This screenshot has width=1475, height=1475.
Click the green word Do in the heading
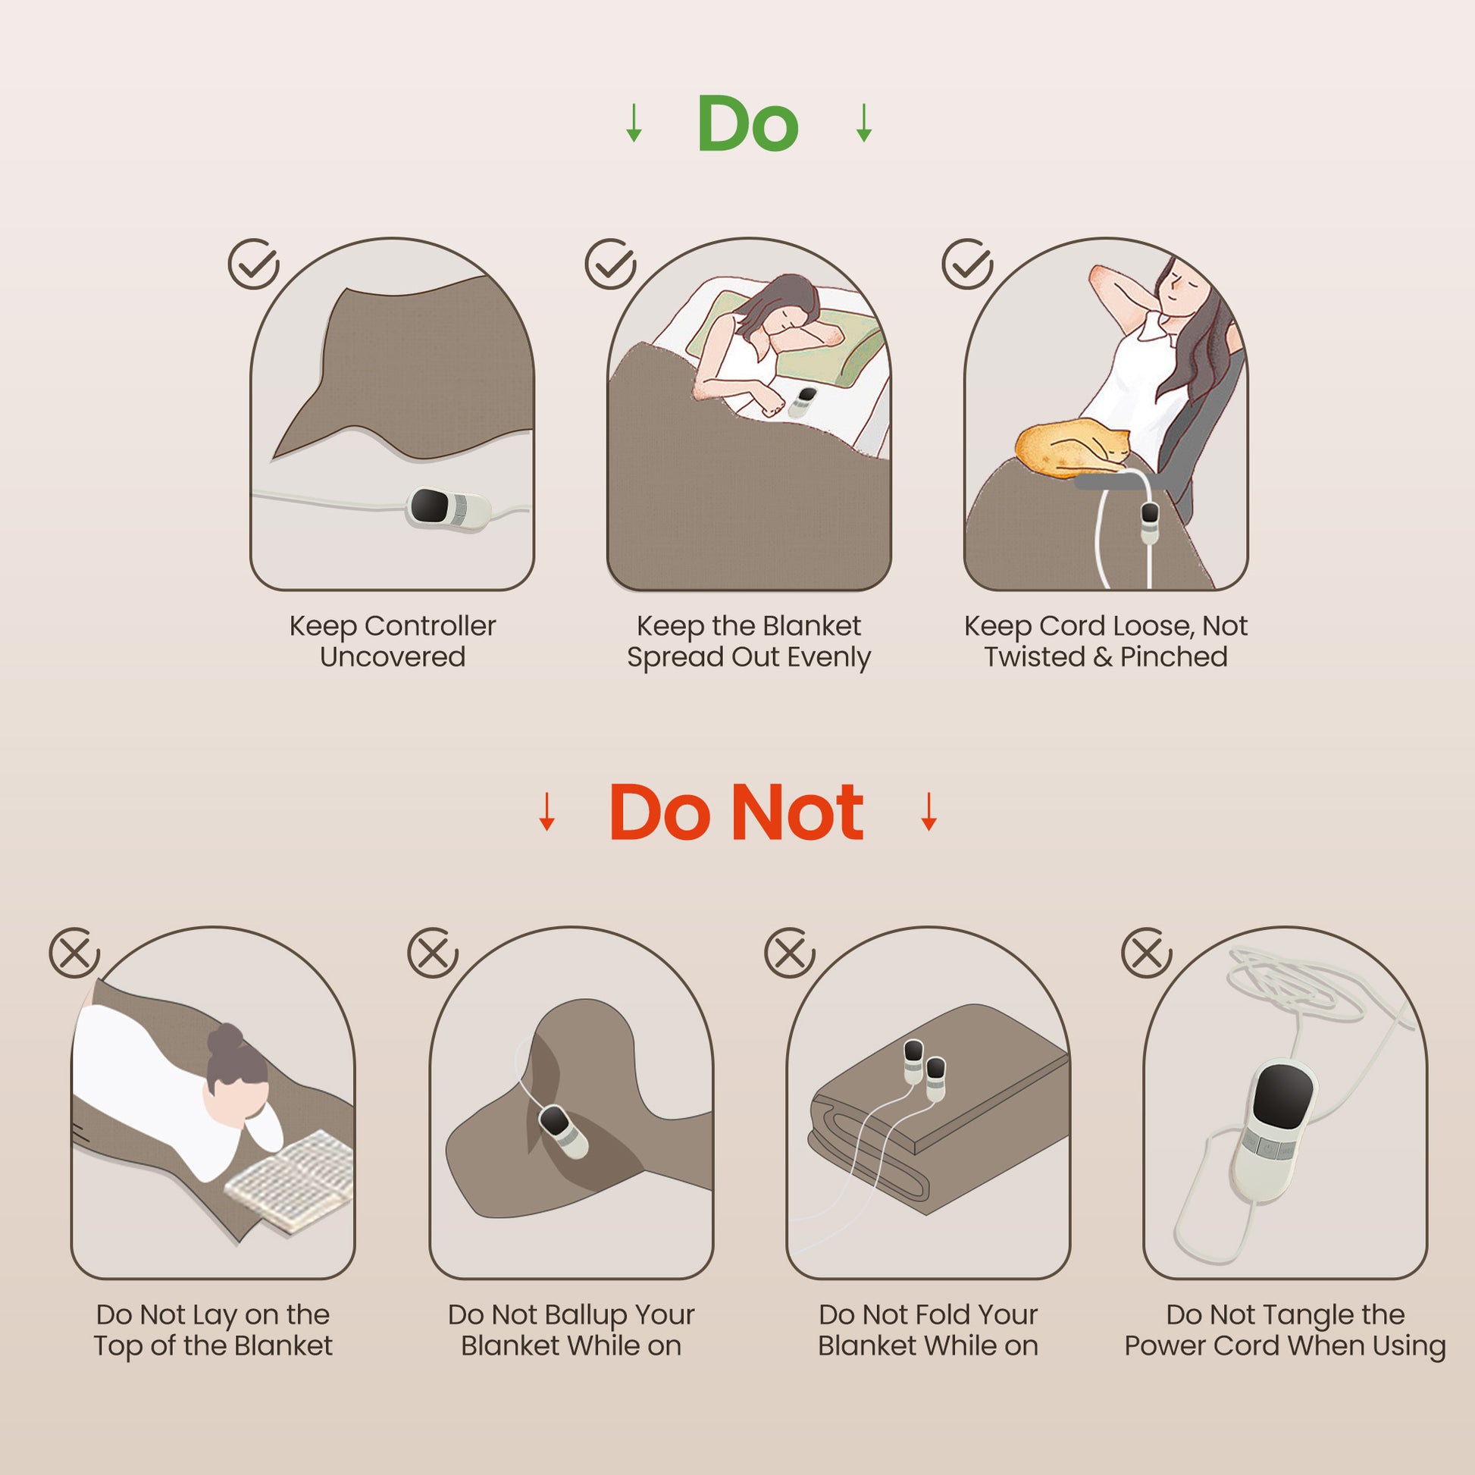(x=747, y=123)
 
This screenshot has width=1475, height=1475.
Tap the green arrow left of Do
(x=634, y=123)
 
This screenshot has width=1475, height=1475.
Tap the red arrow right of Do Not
(x=929, y=811)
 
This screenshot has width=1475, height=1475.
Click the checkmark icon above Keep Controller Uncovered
(x=253, y=264)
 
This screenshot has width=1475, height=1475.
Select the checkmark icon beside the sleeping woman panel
(x=610, y=264)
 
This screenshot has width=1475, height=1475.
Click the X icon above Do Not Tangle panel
(x=1147, y=953)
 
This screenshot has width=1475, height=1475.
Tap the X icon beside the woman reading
(x=75, y=953)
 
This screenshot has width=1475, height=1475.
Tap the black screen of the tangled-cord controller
(x=1283, y=1101)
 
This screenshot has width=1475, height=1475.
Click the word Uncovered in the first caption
(x=393, y=656)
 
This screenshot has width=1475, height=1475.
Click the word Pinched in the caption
(x=1173, y=656)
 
